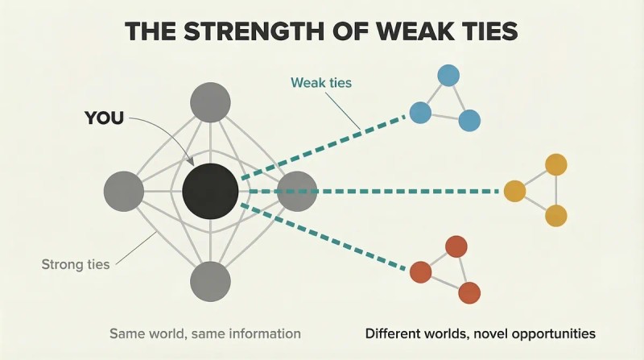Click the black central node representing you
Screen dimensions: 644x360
[x=210, y=191]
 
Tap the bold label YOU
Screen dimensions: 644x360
[x=104, y=118]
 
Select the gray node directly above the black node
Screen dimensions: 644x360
[x=210, y=102]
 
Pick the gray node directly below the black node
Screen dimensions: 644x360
[x=210, y=282]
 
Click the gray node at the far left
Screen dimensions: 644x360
[x=124, y=192]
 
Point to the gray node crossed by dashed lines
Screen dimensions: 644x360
[x=297, y=192]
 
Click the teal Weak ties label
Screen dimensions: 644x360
[x=321, y=83]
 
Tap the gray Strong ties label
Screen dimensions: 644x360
[x=76, y=264]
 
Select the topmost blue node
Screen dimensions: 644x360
[x=448, y=76]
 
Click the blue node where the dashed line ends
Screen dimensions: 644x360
[x=420, y=112]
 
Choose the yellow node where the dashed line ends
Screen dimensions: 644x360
[x=514, y=191]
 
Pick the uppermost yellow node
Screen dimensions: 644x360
[x=556, y=165]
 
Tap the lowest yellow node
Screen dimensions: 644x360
[x=556, y=215]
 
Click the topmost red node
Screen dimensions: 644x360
[x=456, y=246]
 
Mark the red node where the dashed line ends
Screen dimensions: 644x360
[x=420, y=272]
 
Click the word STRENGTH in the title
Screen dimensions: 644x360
[x=253, y=31]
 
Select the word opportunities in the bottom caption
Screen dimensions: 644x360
[x=555, y=333]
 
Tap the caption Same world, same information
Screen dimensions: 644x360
[x=205, y=333]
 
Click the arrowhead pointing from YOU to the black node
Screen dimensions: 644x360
[x=190, y=161]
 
